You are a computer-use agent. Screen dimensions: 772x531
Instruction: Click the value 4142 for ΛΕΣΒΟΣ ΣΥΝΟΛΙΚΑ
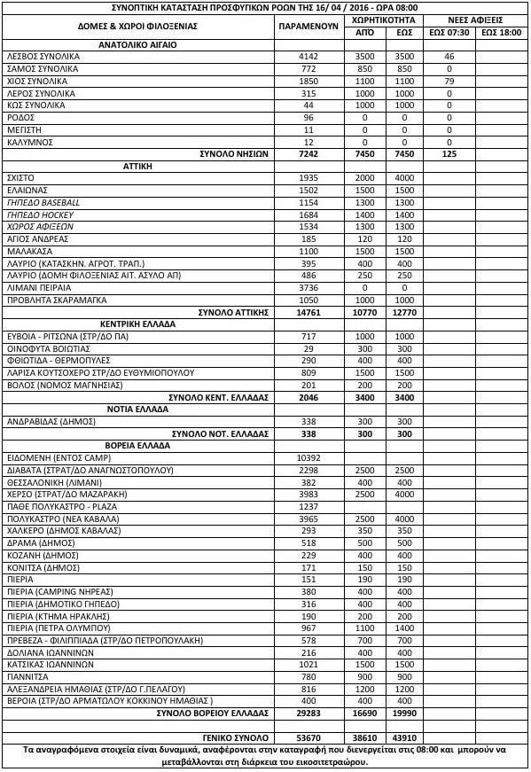[308, 56]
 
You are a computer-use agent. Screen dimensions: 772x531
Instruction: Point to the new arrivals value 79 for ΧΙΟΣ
[449, 81]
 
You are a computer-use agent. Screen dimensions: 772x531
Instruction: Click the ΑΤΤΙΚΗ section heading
[134, 165]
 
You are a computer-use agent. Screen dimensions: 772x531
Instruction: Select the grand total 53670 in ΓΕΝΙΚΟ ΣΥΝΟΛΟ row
[308, 737]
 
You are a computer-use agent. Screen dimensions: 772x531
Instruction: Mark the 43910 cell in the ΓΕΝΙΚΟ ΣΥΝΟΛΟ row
[405, 737]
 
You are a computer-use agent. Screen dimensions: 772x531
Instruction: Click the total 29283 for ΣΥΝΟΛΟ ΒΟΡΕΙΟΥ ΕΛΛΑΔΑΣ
[308, 712]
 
